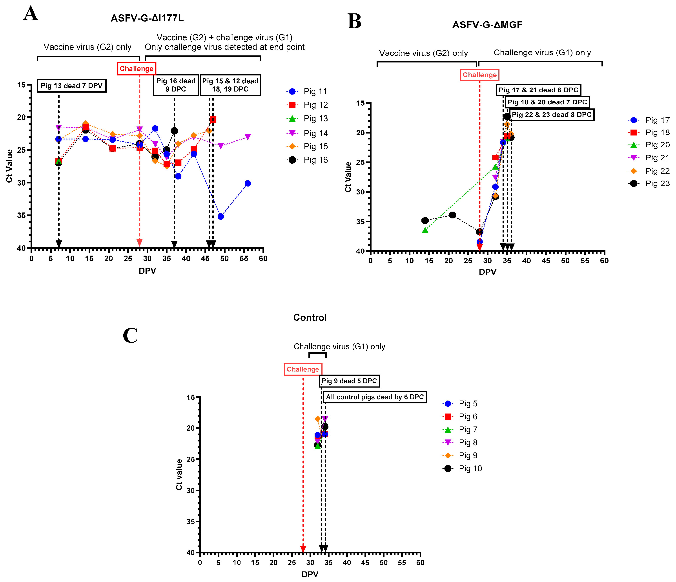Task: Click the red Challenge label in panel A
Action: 136,69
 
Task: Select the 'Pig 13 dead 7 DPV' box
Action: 71,86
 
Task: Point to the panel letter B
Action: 354,22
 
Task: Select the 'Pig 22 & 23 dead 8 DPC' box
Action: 551,115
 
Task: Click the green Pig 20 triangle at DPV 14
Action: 425,230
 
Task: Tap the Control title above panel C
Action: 310,317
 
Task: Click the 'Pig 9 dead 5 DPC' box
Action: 349,381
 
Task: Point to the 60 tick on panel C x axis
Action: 420,562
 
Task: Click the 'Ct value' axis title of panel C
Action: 179,474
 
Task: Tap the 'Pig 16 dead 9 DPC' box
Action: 175,85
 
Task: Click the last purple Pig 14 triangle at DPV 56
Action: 248,137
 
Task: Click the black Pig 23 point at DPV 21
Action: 452,215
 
